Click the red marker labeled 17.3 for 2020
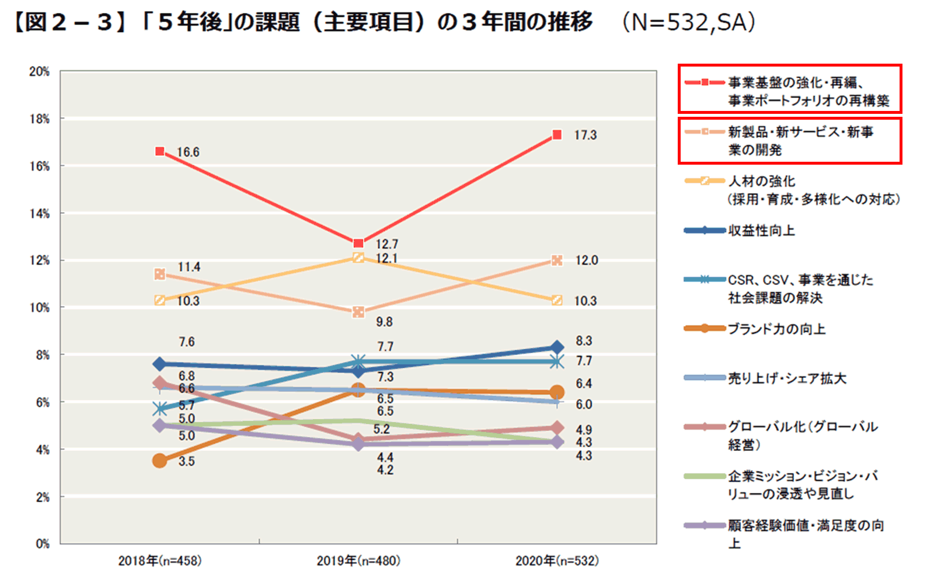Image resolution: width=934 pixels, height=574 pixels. click(x=557, y=135)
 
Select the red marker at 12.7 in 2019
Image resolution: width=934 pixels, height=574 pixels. click(x=358, y=243)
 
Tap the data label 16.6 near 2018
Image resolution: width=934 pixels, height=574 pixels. click(x=188, y=152)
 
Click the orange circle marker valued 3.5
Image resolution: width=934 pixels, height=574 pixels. click(x=159, y=461)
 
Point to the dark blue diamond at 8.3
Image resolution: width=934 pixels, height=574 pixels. click(x=557, y=348)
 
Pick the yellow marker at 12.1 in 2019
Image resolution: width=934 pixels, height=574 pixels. click(x=358, y=258)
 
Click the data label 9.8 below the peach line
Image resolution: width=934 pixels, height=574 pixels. click(x=384, y=322)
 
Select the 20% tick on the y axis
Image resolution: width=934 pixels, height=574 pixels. click(x=40, y=72)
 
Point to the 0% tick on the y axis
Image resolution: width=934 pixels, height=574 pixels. click(x=42, y=544)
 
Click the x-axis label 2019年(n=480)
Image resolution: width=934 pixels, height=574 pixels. click(x=358, y=561)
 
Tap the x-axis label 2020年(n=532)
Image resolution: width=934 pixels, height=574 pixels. click(x=557, y=561)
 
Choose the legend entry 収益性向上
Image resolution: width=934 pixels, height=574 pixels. click(x=761, y=231)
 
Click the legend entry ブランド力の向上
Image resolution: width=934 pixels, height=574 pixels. click(x=776, y=329)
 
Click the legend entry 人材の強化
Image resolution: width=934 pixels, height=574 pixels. click(x=762, y=182)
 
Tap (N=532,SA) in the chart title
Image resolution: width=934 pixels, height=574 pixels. click(x=689, y=23)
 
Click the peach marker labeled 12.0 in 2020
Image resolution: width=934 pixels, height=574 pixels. click(x=557, y=260)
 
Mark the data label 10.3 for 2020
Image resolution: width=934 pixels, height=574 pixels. click(x=586, y=301)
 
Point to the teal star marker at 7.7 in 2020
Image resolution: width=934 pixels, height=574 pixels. click(x=557, y=362)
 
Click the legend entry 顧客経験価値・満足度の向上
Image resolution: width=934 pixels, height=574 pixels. click(x=806, y=526)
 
